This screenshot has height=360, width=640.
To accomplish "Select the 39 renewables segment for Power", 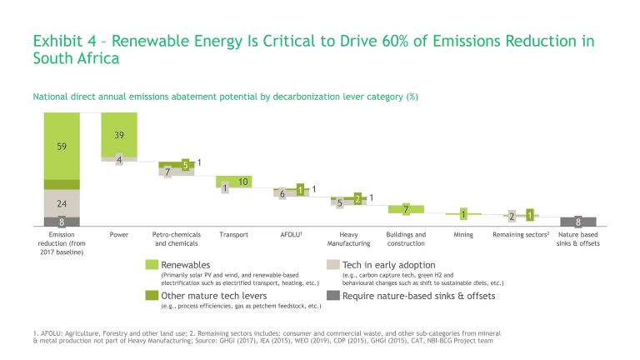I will point(119,134).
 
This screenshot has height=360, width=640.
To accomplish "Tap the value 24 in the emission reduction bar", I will point(62,203).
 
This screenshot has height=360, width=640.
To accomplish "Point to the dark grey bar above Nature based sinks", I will point(578,222).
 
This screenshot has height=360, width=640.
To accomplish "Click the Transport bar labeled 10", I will point(234,182).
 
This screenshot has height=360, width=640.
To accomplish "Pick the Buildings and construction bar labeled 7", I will point(406,208).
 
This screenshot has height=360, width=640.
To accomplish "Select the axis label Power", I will point(119,235).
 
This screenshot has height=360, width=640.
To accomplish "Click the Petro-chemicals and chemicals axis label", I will point(176,239).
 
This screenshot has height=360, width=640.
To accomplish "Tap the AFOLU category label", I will point(290,235).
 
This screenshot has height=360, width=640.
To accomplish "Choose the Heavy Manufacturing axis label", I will point(348,239).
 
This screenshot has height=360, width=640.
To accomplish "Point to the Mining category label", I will point(463,235).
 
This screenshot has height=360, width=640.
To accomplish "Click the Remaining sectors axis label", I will point(519,235).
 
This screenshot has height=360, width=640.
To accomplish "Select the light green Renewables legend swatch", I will point(152,264).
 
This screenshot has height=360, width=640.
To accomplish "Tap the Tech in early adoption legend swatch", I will point(332,264).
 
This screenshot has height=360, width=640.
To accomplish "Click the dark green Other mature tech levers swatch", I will point(152,295).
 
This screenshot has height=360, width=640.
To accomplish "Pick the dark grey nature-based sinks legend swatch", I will point(332,295).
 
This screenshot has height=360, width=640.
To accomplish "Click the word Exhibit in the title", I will point(60,41).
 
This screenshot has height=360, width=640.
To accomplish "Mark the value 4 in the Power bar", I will point(119,159).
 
